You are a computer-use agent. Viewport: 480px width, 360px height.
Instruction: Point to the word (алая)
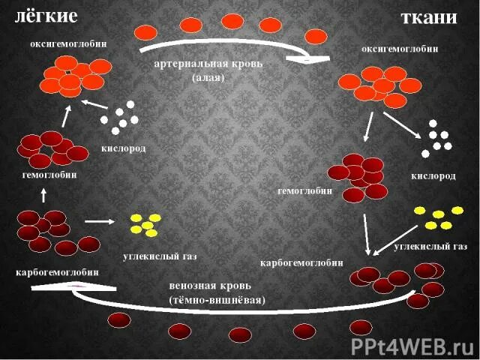[x=208, y=77]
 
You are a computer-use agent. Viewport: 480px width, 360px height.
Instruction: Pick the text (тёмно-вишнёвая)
[x=217, y=299]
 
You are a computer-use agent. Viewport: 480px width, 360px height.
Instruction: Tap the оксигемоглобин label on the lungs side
[x=68, y=43]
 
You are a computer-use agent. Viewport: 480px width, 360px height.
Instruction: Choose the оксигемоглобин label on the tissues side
[x=400, y=49]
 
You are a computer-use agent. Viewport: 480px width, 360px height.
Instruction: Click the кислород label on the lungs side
[x=124, y=148]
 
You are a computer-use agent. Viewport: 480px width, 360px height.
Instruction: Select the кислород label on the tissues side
[x=433, y=175]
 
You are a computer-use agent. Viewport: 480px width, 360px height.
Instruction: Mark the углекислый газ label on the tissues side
[x=430, y=245]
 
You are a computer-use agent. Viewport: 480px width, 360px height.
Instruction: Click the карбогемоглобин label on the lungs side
[x=57, y=271]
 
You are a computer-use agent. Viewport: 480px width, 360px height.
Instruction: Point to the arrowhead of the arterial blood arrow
[x=316, y=58]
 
